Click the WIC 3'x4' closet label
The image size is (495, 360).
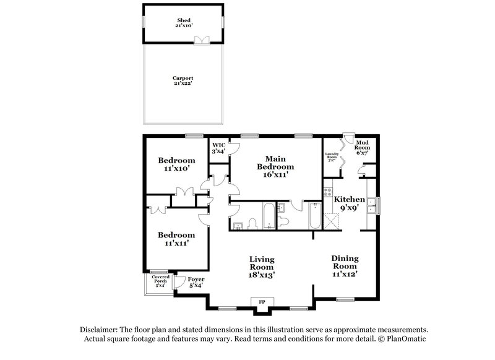click(218, 147)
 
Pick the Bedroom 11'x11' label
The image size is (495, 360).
click(176, 239)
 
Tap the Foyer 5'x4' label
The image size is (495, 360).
click(196, 282)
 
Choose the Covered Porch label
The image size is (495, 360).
click(160, 282)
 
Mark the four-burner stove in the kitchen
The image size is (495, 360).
click(329, 194)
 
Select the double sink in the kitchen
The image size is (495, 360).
click(371, 205)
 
